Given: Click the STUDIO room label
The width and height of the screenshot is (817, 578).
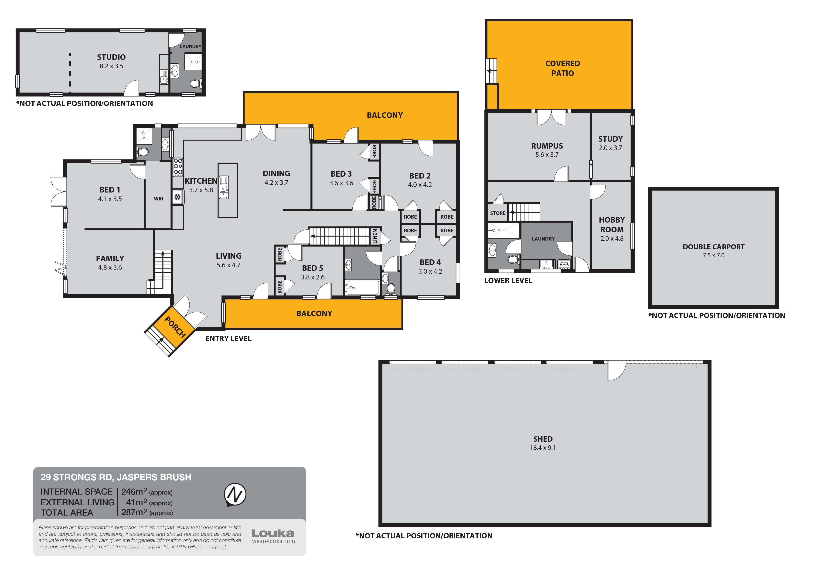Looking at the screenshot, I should pos(111,57).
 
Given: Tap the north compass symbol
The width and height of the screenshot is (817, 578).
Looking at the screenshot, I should pos(235,494).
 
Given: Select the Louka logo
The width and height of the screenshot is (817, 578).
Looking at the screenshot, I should pos(273,533).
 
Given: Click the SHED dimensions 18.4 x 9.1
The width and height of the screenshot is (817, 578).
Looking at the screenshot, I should pos(543,448).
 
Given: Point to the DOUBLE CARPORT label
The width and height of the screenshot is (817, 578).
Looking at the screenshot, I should pos(713,247).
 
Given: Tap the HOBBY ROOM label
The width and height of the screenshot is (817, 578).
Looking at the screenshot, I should pos(612,225).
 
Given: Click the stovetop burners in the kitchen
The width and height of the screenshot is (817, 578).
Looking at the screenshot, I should pos(178,167).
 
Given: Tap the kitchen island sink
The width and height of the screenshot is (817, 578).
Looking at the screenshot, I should pos(224,187).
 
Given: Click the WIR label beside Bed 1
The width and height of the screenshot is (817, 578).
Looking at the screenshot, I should pos(158,199).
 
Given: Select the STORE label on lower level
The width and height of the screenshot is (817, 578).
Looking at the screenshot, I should pos(497,213).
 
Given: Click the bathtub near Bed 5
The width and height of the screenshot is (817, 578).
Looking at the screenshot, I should pos(362,287).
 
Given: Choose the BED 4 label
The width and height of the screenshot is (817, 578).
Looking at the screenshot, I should pos(430,262).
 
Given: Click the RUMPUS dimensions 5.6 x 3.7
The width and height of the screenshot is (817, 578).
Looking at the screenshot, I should pos(547,155).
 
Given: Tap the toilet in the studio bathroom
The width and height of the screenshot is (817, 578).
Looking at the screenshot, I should pos(194,84).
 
